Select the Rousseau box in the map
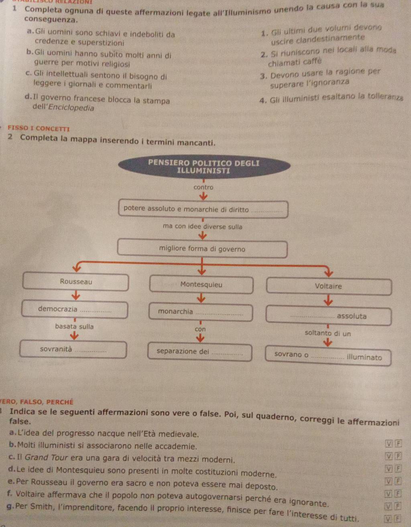76,282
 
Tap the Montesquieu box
201,285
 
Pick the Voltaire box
328,286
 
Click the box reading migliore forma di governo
202,249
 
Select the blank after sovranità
91,351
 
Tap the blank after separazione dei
227,353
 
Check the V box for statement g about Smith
388,519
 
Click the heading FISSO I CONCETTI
39,129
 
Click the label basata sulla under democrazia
74,326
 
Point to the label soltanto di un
328,333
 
